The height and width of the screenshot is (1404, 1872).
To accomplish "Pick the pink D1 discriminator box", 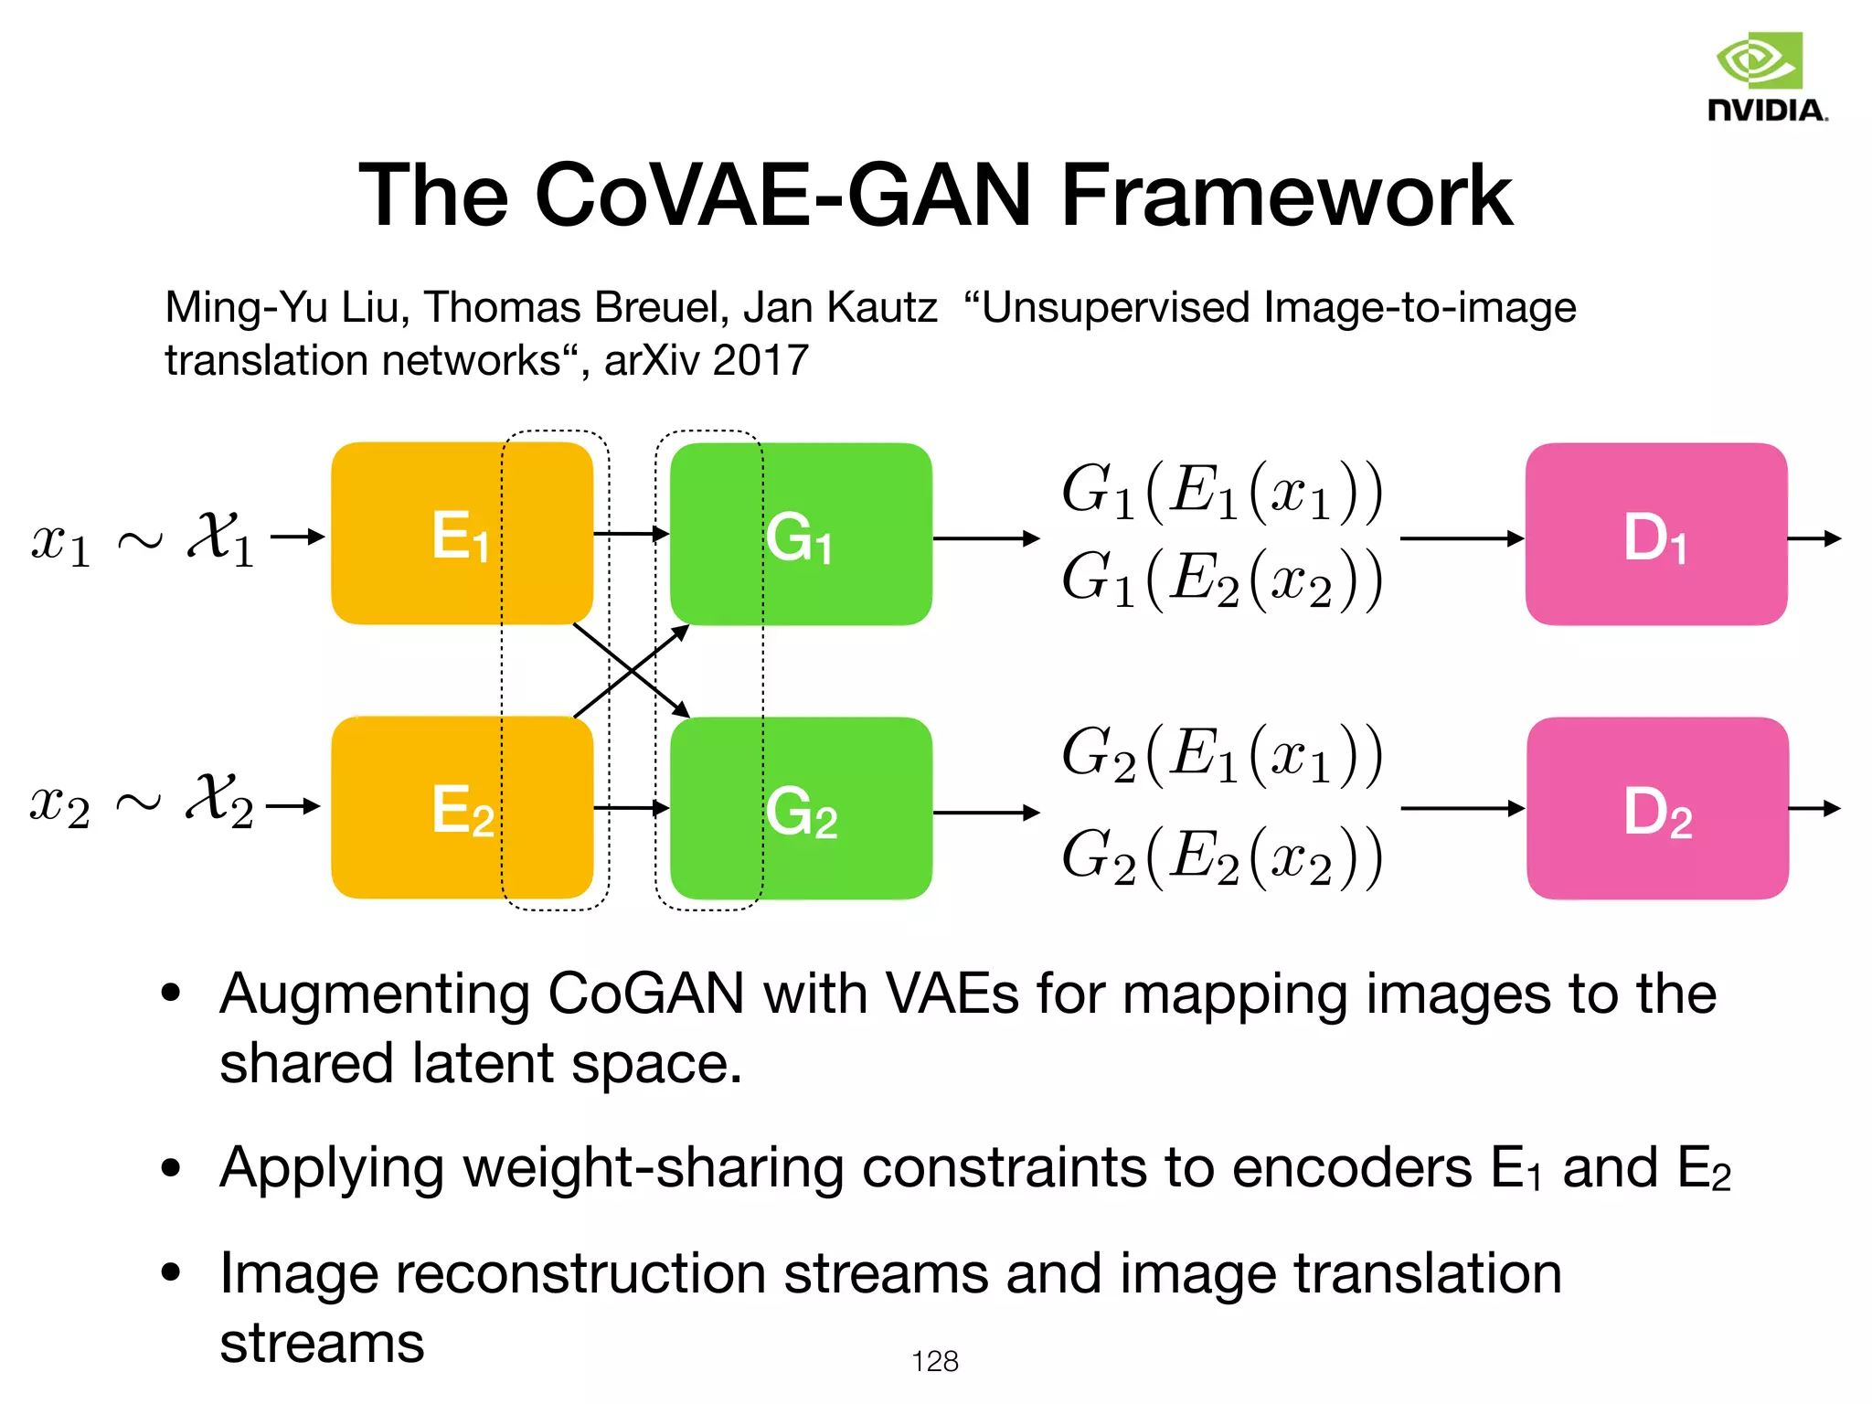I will [x=1655, y=535].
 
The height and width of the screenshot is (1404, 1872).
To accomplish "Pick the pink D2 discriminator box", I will [x=1656, y=809].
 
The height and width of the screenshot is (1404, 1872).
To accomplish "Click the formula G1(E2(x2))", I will [x=1221, y=579].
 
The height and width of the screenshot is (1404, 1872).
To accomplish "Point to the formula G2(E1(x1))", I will [x=1221, y=755].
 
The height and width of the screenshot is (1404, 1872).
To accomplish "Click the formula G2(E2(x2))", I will [x=1221, y=857].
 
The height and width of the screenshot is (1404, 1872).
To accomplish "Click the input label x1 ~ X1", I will [x=142, y=537].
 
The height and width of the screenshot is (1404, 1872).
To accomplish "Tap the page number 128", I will [x=934, y=1361].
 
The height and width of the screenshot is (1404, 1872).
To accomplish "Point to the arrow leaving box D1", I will [x=1813, y=538].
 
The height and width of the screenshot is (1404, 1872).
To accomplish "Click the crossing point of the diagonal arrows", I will [x=632, y=670].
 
